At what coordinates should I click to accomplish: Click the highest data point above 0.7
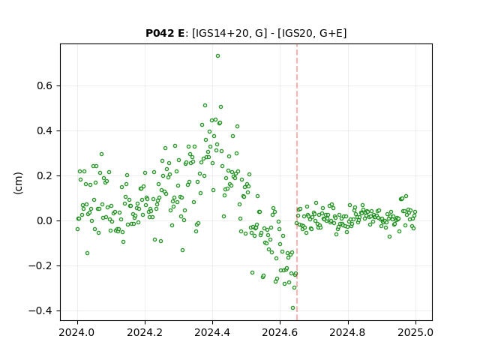tap(217, 56)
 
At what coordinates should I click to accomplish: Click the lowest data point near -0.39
tap(293, 308)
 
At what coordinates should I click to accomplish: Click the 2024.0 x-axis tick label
tap(77, 332)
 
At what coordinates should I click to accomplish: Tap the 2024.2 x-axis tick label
tap(145, 332)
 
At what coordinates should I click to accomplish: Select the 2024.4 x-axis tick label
tap(212, 332)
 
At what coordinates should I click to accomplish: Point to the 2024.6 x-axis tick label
tap(280, 332)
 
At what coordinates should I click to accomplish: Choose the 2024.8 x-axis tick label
tap(348, 332)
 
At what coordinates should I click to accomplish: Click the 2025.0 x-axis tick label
tap(415, 332)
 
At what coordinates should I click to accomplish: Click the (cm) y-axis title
tap(18, 183)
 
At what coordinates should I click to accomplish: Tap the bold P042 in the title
tap(160, 33)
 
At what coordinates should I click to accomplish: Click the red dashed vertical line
tap(297, 182)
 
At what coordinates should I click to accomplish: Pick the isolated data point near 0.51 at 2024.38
tap(205, 105)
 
